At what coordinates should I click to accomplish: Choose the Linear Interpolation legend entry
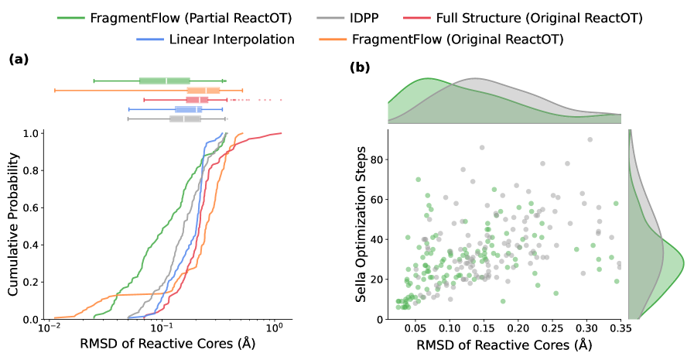point(228,38)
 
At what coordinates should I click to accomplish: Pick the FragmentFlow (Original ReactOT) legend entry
point(456,38)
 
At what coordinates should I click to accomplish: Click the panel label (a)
point(19,59)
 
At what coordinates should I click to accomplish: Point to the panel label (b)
point(361,68)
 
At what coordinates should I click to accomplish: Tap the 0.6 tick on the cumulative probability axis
point(29,207)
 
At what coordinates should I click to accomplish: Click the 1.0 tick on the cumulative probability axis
point(29,133)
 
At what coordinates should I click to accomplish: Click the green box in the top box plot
point(164,81)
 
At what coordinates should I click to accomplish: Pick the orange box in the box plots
point(203,91)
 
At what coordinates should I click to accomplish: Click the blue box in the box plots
point(188,109)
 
